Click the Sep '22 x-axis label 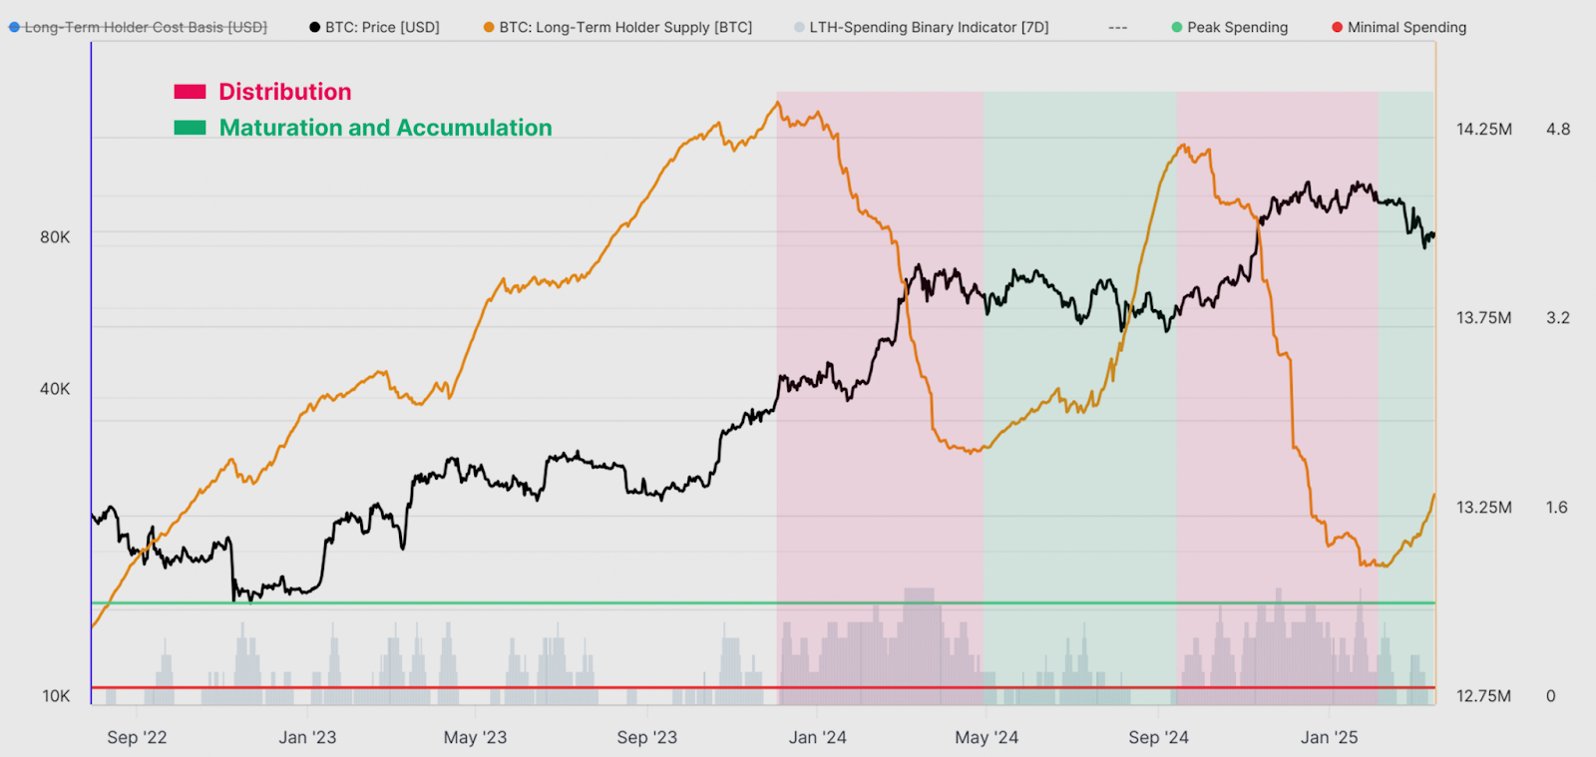(x=137, y=737)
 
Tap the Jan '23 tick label (x=307, y=737)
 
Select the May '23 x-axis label (x=475, y=737)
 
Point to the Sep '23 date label (x=646, y=737)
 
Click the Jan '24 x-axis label (x=817, y=737)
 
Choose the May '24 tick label (x=987, y=737)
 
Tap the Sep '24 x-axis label (x=1158, y=737)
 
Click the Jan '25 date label (x=1329, y=737)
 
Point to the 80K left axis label (x=55, y=237)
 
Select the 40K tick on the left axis (x=55, y=389)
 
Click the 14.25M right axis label (x=1483, y=129)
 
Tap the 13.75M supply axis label (x=1483, y=318)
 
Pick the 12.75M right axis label (x=1483, y=696)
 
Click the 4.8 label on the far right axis (x=1557, y=129)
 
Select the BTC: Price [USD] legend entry (x=375, y=27)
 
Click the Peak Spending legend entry (x=1230, y=27)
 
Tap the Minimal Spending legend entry (x=1399, y=27)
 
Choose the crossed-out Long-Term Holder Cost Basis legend (x=139, y=27)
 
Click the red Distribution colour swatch (x=190, y=92)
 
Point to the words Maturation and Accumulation (x=385, y=128)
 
